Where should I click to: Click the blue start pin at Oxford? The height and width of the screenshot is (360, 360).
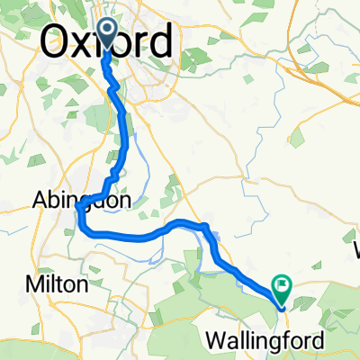pyautogui.click(x=106, y=33)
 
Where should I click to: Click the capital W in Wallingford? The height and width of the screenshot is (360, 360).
pyautogui.click(x=216, y=341)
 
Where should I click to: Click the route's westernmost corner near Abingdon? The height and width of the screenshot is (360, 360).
pyautogui.click(x=79, y=209)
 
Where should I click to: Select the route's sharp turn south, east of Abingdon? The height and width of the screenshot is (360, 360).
pyautogui.click(x=207, y=226)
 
